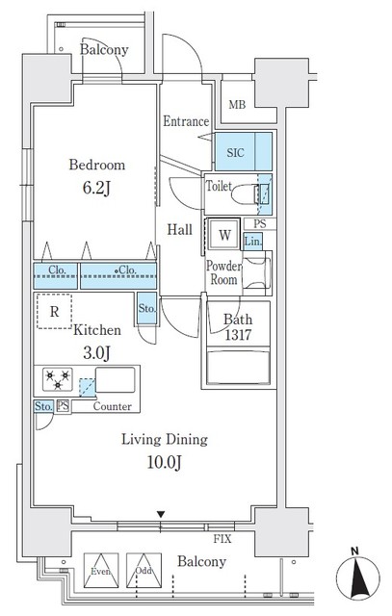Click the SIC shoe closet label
[235, 153]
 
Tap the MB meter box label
[237, 105]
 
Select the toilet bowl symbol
[246, 194]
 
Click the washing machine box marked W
[224, 235]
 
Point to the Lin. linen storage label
[252, 242]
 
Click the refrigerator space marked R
[54, 311]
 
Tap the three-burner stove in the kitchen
[58, 380]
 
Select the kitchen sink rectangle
[116, 380]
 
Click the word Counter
[112, 406]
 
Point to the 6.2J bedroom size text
[96, 189]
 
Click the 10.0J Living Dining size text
[164, 462]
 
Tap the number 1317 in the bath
[238, 335]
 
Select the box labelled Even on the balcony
[101, 571]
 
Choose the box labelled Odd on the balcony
[144, 571]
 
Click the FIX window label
[222, 539]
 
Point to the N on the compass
[355, 552]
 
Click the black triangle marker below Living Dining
[161, 514]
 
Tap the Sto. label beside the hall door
[146, 309]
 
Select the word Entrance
[186, 121]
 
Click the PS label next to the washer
[259, 224]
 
